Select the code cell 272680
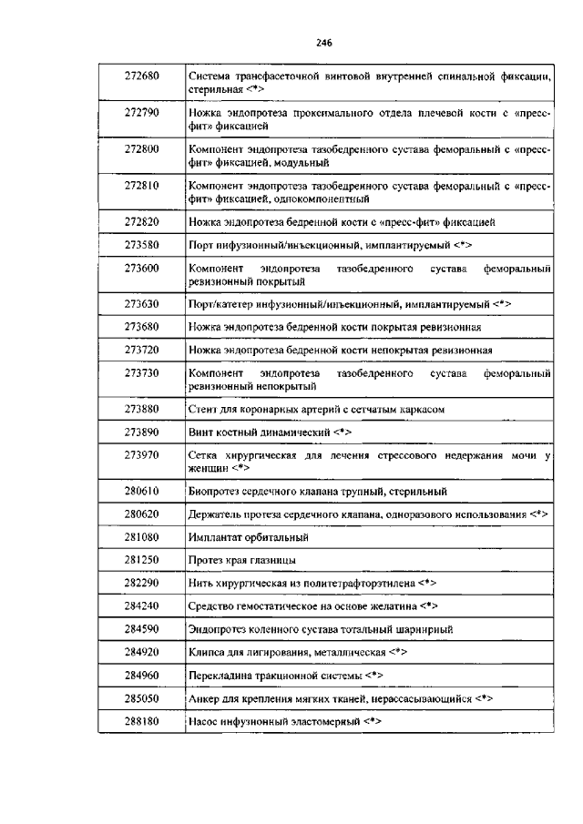(x=142, y=76)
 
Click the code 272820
(x=142, y=220)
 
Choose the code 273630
(x=142, y=302)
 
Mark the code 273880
(x=142, y=409)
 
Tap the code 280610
(x=142, y=491)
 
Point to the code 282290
(x=142, y=581)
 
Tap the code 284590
(x=142, y=628)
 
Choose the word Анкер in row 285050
(x=204, y=699)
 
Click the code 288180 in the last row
(x=142, y=721)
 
